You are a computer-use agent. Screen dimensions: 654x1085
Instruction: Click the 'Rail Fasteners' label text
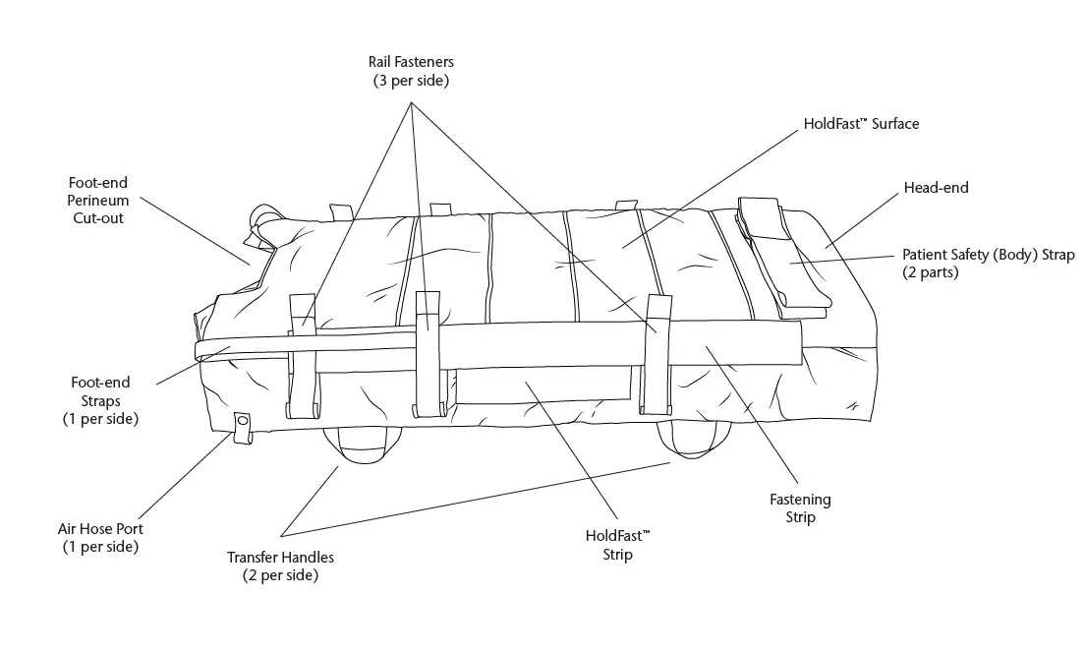pyautogui.click(x=411, y=62)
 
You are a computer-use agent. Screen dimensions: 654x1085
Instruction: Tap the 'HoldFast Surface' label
pyautogui.click(x=861, y=124)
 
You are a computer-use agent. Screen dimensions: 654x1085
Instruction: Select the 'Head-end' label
pyautogui.click(x=936, y=187)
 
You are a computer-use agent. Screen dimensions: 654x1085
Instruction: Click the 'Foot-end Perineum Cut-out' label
pyautogui.click(x=97, y=201)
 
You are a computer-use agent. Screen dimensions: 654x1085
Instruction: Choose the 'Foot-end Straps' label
pyautogui.click(x=99, y=400)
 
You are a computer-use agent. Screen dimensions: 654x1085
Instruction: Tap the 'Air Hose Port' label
pyautogui.click(x=99, y=537)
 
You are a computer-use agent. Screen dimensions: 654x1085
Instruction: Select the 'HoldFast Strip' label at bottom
pyautogui.click(x=617, y=545)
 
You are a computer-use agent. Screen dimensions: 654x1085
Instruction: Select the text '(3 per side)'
pyautogui.click(x=411, y=81)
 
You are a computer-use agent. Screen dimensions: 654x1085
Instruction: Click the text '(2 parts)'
pyautogui.click(x=931, y=272)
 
